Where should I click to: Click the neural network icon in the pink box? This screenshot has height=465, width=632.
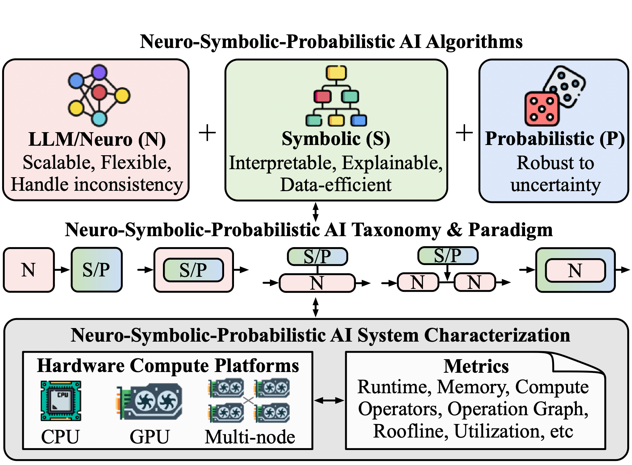coord(99,95)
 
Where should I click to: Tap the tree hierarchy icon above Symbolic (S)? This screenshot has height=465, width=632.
coord(336,96)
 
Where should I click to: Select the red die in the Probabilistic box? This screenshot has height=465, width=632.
coord(542,109)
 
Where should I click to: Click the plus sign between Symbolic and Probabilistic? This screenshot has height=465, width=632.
coord(464,133)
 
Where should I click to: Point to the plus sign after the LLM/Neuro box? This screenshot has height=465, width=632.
coord(207,133)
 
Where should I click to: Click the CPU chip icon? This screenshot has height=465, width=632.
coord(61,401)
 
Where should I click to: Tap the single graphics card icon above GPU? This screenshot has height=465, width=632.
coord(149,401)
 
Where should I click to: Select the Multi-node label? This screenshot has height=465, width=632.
coord(250,437)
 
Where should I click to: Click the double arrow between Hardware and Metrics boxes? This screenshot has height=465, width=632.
coord(329,401)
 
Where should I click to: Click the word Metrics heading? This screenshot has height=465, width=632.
coord(476,366)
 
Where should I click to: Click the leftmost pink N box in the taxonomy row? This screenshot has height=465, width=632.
coord(29,270)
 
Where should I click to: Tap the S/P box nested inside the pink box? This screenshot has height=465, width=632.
coord(193,270)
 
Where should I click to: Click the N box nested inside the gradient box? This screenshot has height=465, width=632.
coord(575,271)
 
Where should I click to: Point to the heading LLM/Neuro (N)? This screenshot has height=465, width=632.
coord(97,139)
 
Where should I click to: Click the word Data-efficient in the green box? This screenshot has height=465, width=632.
coord(336,185)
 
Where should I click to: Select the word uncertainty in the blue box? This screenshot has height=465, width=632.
coord(555,185)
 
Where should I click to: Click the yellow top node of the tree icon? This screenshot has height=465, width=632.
coord(336,72)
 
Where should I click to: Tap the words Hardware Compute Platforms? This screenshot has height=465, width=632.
coord(168,365)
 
